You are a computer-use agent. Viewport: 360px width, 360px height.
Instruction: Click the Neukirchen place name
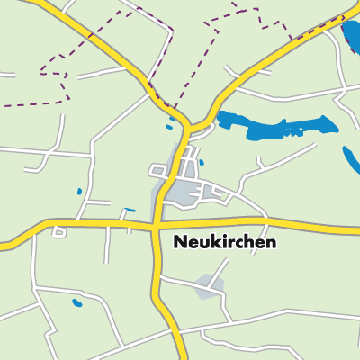223,242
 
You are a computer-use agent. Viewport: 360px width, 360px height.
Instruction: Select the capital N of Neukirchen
178,242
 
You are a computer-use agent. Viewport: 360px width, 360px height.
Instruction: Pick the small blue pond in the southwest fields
76,301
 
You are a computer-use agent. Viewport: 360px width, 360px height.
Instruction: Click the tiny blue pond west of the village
78,191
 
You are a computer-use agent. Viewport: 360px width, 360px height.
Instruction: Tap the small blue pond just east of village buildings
201,163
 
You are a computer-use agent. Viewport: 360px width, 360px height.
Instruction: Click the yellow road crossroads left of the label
156,221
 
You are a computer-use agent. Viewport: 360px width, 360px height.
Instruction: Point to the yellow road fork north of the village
184,126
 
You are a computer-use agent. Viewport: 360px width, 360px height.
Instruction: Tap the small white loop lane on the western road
59,232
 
